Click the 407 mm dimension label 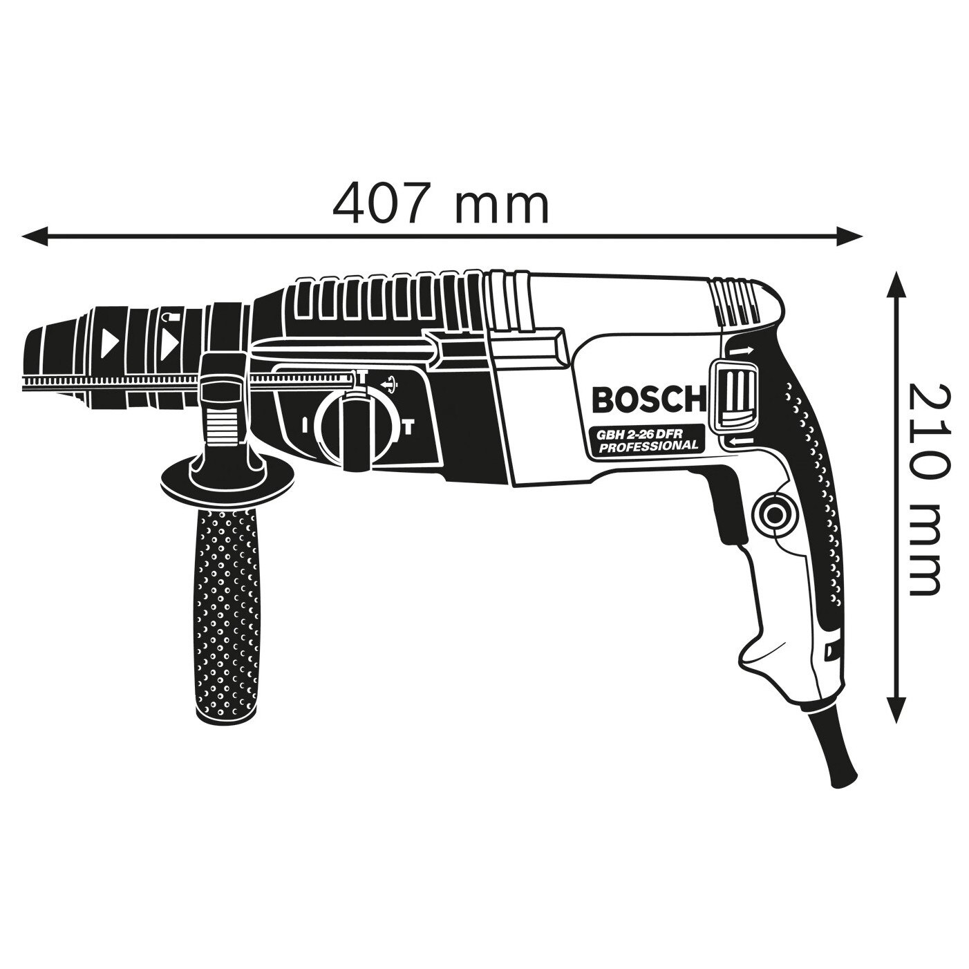[441, 204]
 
